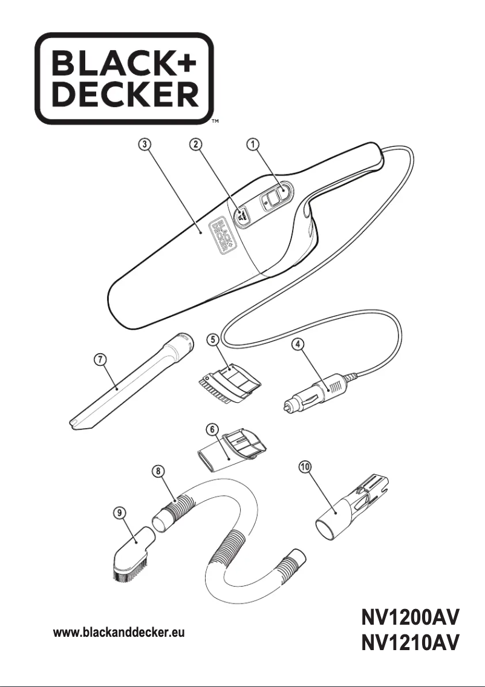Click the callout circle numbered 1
pos(253,144)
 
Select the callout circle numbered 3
pos(145,144)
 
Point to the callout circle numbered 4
pos(298,344)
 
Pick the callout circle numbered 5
pos(213,339)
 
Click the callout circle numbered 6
pos(212,429)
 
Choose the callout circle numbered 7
pos(100,359)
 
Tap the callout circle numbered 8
pos(158,471)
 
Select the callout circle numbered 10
pos(305,467)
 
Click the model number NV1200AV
pos(410,617)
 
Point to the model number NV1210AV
pos(410,643)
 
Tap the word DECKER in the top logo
pos(125,94)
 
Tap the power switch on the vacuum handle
pos(275,197)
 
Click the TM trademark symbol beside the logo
pos(215,121)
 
